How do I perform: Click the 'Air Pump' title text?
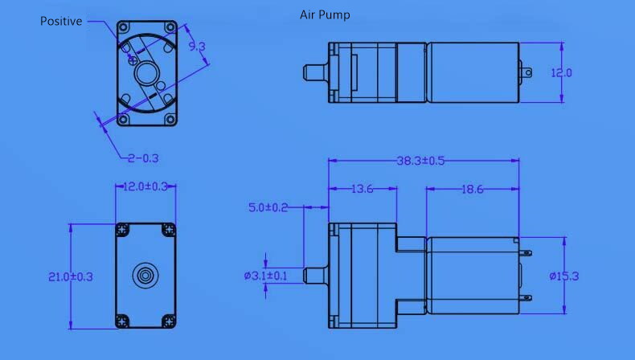point(325,15)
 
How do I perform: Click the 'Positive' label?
point(61,22)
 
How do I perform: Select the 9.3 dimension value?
point(197,47)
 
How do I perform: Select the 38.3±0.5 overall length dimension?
point(420,161)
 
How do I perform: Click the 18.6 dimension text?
point(473,190)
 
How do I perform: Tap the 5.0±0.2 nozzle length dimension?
point(268,207)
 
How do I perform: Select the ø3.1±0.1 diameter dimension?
point(265,276)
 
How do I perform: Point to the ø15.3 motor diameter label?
point(565,276)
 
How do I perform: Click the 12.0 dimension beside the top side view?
point(561,73)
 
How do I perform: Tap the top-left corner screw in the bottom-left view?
point(123,230)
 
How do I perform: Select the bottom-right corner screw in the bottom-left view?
point(168,321)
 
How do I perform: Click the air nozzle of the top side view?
point(315,72)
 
